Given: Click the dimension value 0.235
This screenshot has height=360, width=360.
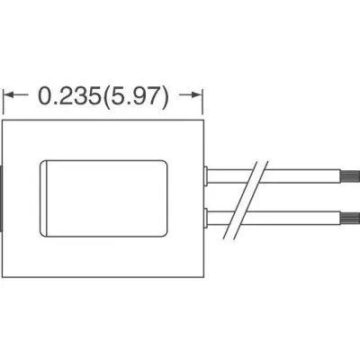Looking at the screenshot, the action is [69, 96].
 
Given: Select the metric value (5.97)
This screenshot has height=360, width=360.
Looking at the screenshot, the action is [135, 97].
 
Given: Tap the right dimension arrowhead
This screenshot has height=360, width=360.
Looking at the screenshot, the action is [198, 95].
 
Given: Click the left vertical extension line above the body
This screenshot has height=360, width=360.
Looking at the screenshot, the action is [4, 102].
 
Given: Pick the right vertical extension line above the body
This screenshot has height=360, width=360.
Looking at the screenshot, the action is [202, 102].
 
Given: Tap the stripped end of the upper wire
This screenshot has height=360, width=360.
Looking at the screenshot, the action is [350, 176].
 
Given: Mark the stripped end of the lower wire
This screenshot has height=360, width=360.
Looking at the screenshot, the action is [350, 218].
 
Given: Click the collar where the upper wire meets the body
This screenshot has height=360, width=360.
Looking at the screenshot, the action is [206, 176].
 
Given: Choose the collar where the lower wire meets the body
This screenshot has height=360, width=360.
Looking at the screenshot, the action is [206, 218].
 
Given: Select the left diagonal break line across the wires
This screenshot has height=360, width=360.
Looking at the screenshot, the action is [239, 201].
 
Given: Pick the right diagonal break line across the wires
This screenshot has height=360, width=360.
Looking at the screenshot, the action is [250, 201].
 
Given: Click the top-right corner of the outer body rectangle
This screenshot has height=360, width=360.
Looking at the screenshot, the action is [203, 121].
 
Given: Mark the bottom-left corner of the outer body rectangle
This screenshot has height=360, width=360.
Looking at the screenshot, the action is [3, 277].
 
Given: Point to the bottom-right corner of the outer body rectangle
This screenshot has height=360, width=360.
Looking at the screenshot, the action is [203, 277].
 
